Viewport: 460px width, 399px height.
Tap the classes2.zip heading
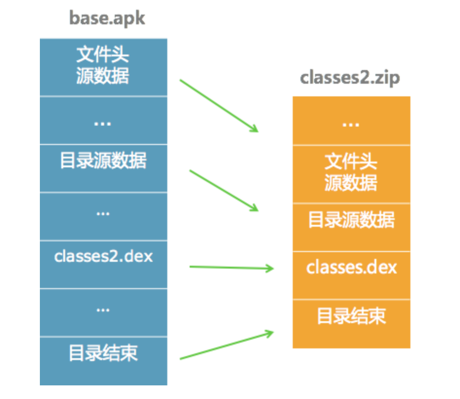point(350,77)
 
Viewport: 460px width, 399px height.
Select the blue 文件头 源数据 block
point(103,67)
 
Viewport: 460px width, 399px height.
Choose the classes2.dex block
point(103,257)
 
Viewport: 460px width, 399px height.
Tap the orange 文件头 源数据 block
point(351,173)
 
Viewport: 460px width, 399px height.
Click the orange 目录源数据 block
point(351,220)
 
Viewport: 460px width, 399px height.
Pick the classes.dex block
point(351,268)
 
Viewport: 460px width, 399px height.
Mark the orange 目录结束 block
point(351,316)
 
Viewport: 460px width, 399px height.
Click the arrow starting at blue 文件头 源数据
point(219,106)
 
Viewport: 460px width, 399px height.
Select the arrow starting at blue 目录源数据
point(224,190)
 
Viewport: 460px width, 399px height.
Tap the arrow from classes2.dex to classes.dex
point(231,267)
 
